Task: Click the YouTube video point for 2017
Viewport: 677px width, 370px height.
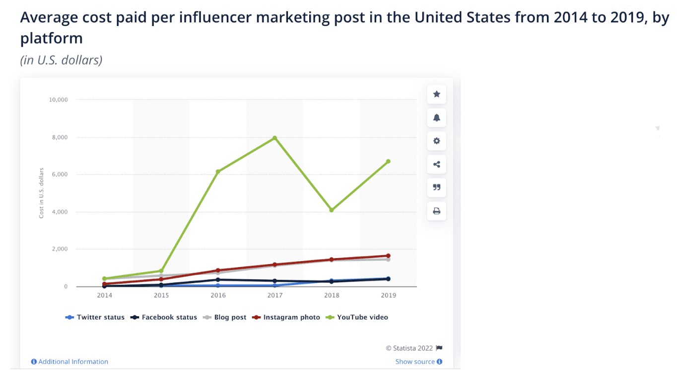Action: click(x=274, y=138)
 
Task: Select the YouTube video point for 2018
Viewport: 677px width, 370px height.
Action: click(x=332, y=210)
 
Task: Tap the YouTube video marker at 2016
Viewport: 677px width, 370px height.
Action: click(x=218, y=172)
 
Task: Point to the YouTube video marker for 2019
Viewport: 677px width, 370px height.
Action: click(x=388, y=161)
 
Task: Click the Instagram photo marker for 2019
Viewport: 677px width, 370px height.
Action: click(x=388, y=256)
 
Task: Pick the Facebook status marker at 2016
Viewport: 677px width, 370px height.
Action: click(x=218, y=279)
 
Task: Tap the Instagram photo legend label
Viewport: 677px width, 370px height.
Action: click(x=291, y=317)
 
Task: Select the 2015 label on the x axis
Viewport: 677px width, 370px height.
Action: click(x=161, y=295)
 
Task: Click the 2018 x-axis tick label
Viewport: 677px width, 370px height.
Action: click(x=332, y=295)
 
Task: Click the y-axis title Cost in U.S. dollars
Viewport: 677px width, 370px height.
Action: click(x=42, y=193)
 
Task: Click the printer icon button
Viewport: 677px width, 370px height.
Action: click(x=437, y=211)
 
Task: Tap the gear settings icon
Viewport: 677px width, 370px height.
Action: click(x=437, y=141)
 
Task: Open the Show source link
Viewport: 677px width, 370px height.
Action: click(x=418, y=362)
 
